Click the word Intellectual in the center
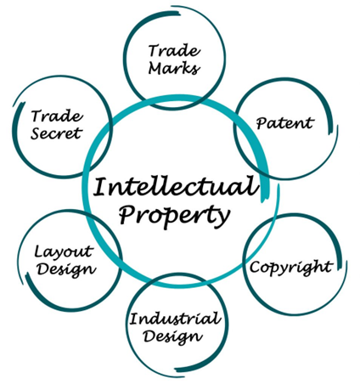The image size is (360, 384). (176, 186)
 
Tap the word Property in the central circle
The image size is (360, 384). (174, 216)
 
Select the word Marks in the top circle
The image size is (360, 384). (174, 68)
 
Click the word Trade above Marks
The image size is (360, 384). (174, 50)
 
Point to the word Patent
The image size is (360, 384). (285, 123)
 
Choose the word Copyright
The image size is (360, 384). (291, 267)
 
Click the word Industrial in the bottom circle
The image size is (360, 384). (175, 319)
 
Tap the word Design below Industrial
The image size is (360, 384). (172, 337)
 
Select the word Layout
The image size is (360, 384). (64, 251)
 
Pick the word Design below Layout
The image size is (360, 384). (66, 269)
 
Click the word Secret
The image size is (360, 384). (56, 133)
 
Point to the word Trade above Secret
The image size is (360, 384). (57, 116)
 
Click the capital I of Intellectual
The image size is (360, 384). (100, 186)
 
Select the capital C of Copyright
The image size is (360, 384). (256, 267)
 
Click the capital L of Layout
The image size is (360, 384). (39, 251)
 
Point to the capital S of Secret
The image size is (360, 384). (36, 133)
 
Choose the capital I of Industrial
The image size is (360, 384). (134, 319)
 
